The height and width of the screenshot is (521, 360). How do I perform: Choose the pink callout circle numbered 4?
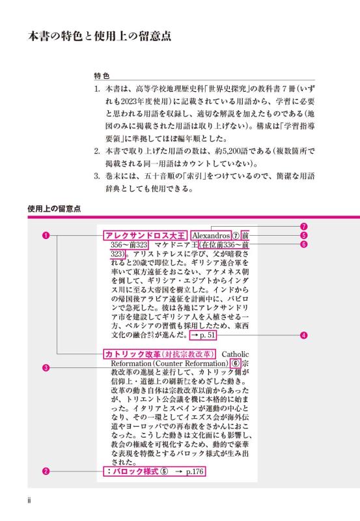coord(304,336)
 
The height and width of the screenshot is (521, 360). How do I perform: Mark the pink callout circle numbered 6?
coord(304,245)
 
